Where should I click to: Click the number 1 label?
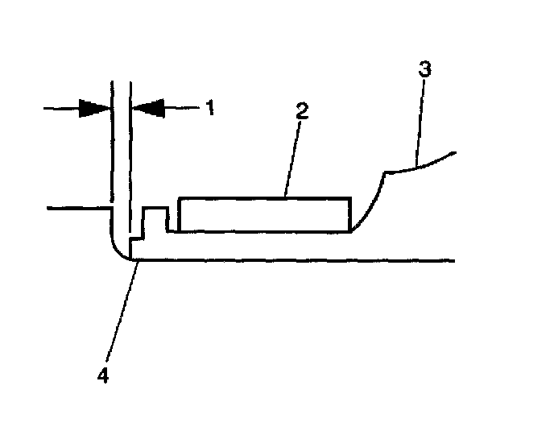pyautogui.click(x=209, y=107)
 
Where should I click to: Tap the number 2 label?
pyautogui.click(x=302, y=112)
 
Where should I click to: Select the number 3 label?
pyautogui.click(x=425, y=70)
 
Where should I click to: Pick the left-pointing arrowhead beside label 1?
pyautogui.click(x=147, y=108)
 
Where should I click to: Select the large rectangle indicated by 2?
pyautogui.click(x=264, y=214)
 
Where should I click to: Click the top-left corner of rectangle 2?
pyautogui.click(x=179, y=198)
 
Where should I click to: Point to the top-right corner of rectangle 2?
pyautogui.click(x=350, y=198)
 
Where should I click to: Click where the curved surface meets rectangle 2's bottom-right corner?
pyautogui.click(x=350, y=231)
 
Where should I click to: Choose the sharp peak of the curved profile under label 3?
pyautogui.click(x=384, y=172)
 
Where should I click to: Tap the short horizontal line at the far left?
pyautogui.click(x=77, y=209)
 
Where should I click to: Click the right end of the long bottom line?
pyautogui.click(x=456, y=260)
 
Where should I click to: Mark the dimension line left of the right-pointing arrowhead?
pyautogui.click(x=61, y=108)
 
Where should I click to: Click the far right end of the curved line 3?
pyautogui.click(x=456, y=151)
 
